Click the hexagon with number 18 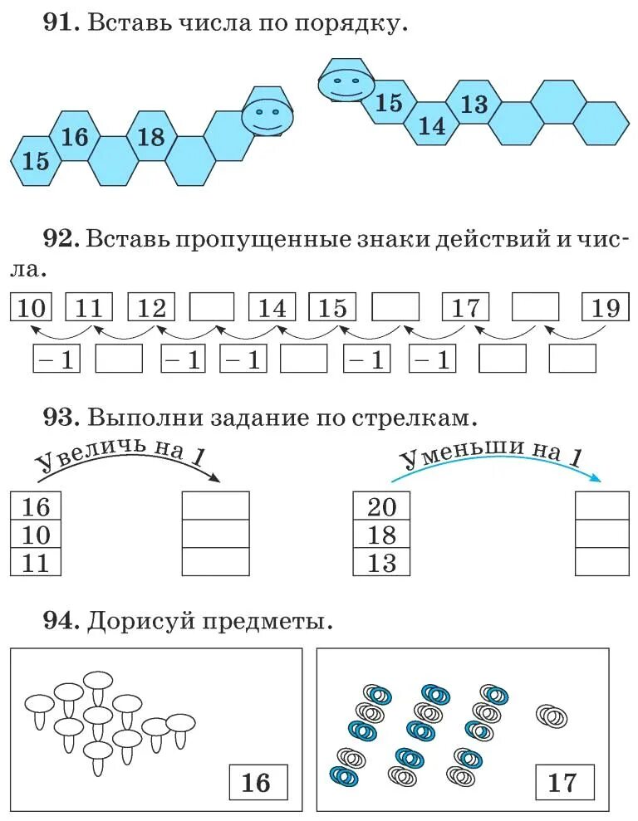click(151, 136)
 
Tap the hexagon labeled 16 click(75, 136)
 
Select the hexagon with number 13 click(474, 104)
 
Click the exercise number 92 click(61, 239)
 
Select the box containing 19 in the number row click(606, 308)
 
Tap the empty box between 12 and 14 click(213, 308)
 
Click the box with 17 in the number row click(466, 308)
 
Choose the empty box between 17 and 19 click(535, 308)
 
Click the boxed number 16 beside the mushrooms click(258, 782)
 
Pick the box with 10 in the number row click(30, 308)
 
